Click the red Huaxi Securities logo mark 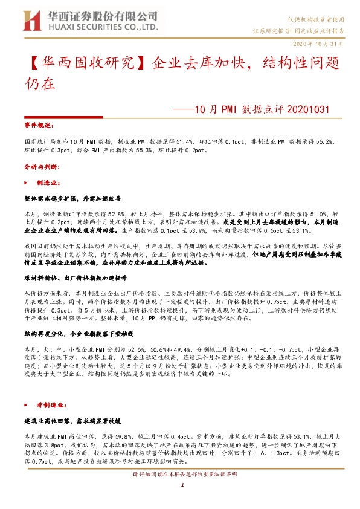[x=31, y=21]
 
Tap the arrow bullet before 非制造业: [x=26, y=404]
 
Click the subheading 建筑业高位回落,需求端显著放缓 [x=72, y=420]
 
